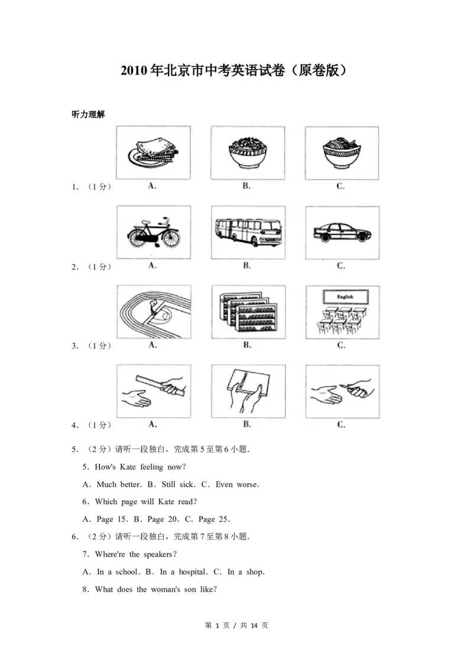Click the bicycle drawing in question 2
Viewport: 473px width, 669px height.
tap(154, 233)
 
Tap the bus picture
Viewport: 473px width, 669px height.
tap(248, 232)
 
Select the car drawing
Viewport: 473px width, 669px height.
tap(342, 232)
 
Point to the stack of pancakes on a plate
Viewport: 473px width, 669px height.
tap(153, 152)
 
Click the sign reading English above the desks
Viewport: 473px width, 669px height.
tap(345, 297)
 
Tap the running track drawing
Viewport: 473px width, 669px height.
tap(154, 312)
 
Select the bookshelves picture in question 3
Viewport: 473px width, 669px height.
tap(248, 312)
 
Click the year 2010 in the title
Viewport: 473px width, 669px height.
tap(134, 70)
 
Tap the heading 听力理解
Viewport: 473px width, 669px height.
tap(88, 114)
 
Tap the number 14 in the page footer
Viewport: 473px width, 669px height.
tap(254, 625)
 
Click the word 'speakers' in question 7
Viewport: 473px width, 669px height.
tap(158, 554)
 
